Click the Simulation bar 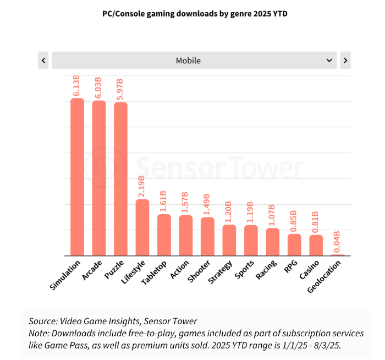[x=77, y=177]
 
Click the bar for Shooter [x=207, y=236]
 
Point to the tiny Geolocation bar [x=338, y=255]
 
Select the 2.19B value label [x=142, y=187]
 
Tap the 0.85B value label [x=294, y=221]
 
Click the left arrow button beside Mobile [x=43, y=60]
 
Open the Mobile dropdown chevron [x=329, y=60]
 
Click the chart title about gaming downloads [x=195, y=14]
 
